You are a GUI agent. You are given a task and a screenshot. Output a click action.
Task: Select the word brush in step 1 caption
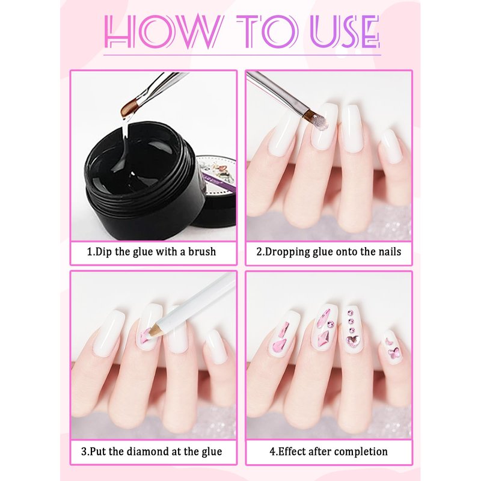coord(202,252)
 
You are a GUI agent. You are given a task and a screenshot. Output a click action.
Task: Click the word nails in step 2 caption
coord(389,252)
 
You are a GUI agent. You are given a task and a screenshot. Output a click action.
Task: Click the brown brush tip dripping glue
coord(128,109)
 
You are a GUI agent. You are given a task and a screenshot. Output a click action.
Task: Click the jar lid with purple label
coord(215,190)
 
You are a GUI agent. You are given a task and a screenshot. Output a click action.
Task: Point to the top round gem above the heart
coord(351,313)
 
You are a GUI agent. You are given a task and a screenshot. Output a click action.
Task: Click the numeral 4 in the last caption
coord(272,452)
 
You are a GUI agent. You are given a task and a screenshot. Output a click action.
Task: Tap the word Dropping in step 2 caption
coord(287,252)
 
